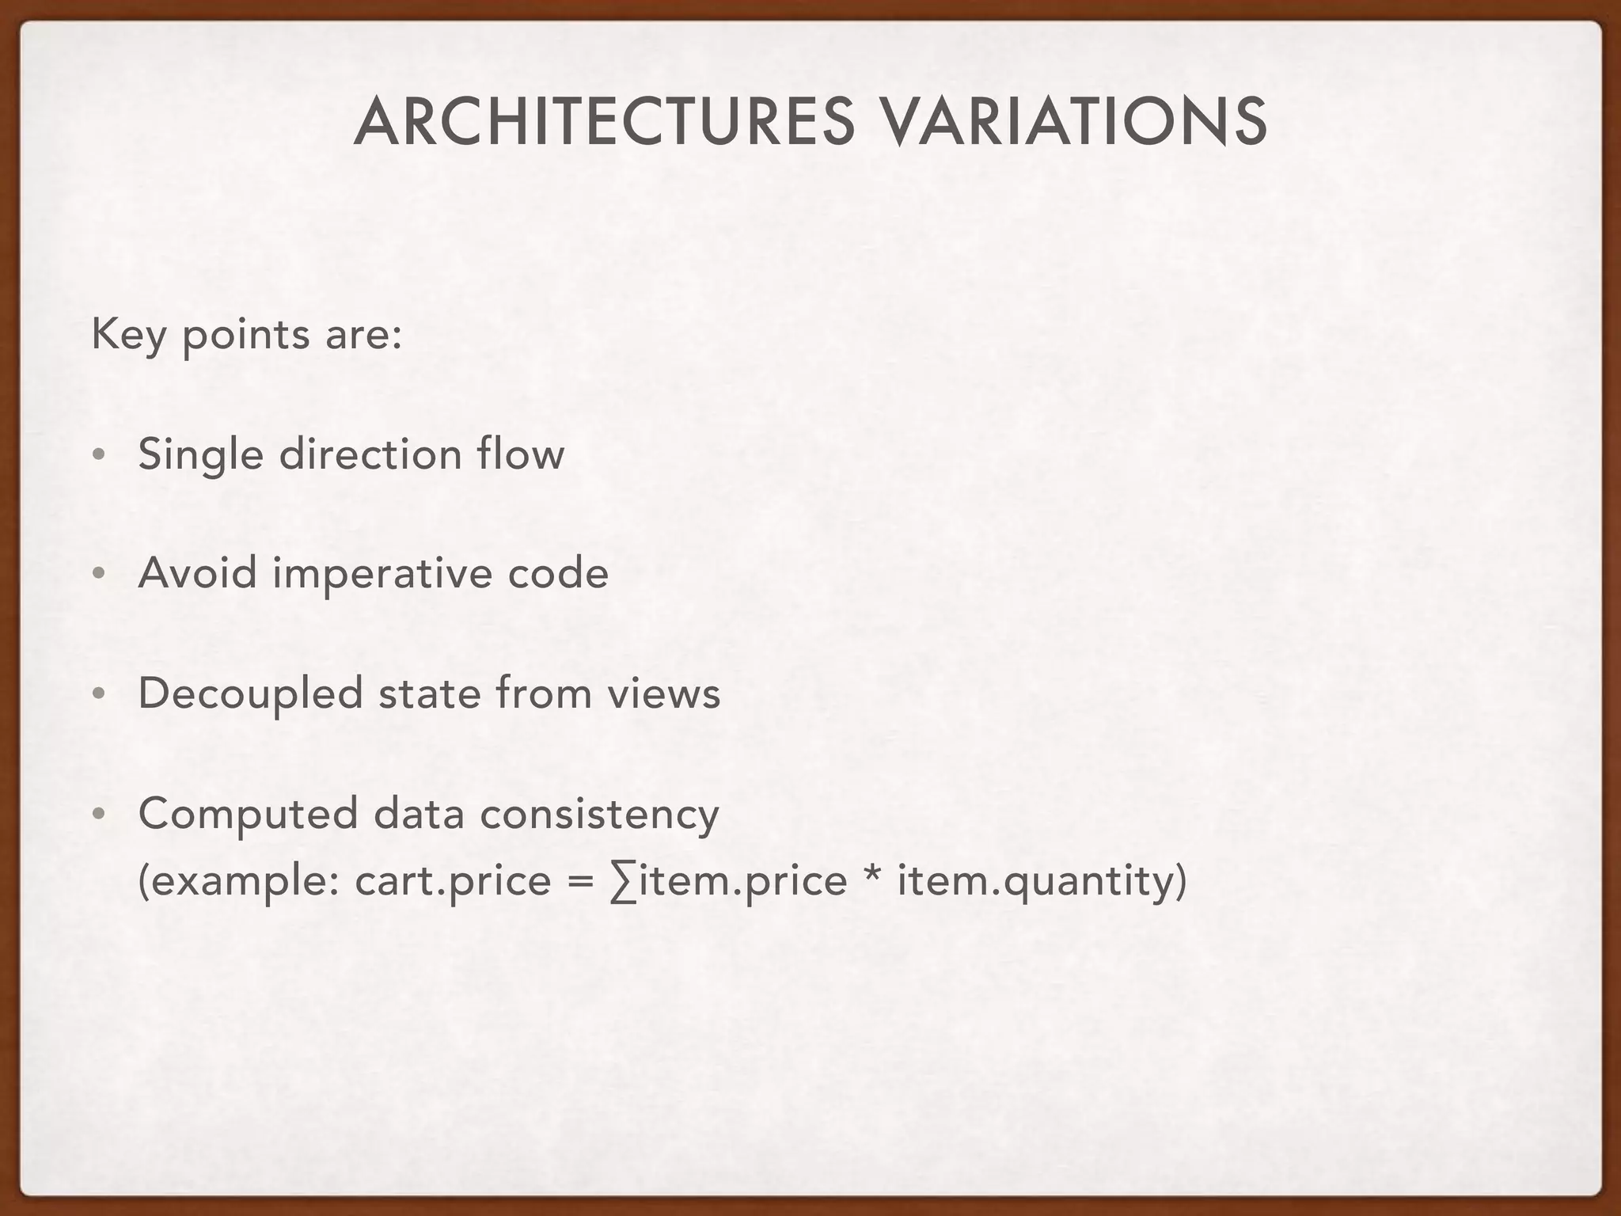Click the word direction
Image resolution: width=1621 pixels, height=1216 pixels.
(x=370, y=455)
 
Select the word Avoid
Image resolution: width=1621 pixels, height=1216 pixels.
(x=198, y=573)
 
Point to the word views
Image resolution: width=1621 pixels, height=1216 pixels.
(x=664, y=694)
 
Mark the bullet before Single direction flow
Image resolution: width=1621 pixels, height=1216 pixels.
(x=97, y=456)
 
